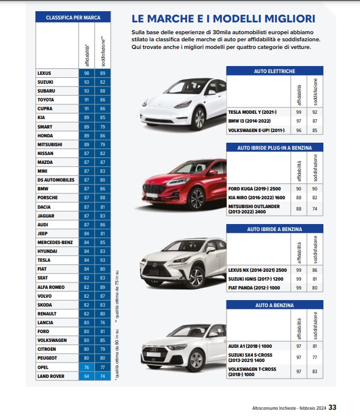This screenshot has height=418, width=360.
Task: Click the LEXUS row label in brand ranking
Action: click(44, 73)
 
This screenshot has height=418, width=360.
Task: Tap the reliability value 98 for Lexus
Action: click(87, 73)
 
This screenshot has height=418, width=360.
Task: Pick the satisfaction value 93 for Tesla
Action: click(103, 259)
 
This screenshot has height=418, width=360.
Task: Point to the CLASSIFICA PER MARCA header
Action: click(73, 18)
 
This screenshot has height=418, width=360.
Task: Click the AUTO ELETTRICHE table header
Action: click(274, 71)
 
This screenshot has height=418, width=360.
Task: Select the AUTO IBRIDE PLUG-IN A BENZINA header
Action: click(274, 147)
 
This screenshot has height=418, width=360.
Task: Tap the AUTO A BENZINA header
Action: click(274, 305)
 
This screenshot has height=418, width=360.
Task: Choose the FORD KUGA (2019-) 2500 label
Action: click(255, 189)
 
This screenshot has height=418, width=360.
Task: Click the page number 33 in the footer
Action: click(332, 407)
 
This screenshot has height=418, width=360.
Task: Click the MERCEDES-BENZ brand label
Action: click(55, 242)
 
